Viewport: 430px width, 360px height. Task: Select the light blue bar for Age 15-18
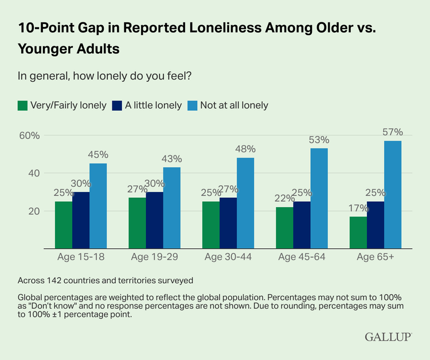tap(98, 206)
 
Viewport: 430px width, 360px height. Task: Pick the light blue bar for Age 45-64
tap(319, 198)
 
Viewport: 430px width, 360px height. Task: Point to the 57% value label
tap(393, 132)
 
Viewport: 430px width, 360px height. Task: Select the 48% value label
tap(245, 149)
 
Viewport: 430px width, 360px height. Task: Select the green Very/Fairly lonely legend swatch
tap(23, 105)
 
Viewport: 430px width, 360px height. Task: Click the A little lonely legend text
tap(153, 105)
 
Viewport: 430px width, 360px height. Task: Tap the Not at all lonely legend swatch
tap(194, 105)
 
